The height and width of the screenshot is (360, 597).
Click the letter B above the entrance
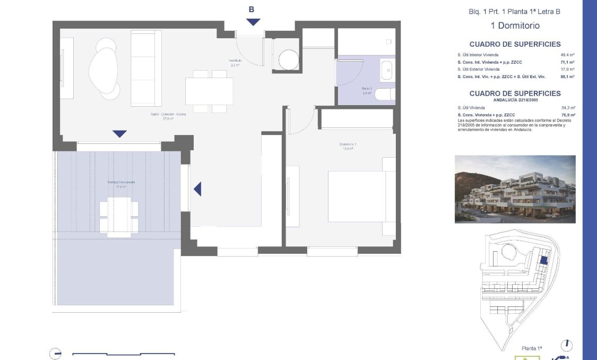coord(252,9)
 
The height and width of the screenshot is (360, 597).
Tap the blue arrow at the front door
coord(253,22)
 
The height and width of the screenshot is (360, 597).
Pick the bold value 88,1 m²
coord(568,76)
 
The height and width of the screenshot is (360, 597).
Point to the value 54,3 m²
coord(568,108)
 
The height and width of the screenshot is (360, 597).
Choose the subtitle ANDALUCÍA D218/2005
coord(515,100)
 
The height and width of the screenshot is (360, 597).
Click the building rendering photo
coord(515,189)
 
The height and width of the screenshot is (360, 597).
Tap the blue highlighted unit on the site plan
coord(543,260)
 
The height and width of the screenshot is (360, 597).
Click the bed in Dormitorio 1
coord(361,196)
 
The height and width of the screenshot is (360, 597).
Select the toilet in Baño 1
coord(384,95)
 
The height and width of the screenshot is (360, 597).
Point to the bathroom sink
coord(387,70)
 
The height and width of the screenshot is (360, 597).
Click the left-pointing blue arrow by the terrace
coord(197,188)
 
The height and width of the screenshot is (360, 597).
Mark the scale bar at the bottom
coord(123,354)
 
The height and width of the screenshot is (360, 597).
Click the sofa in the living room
coord(146,68)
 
